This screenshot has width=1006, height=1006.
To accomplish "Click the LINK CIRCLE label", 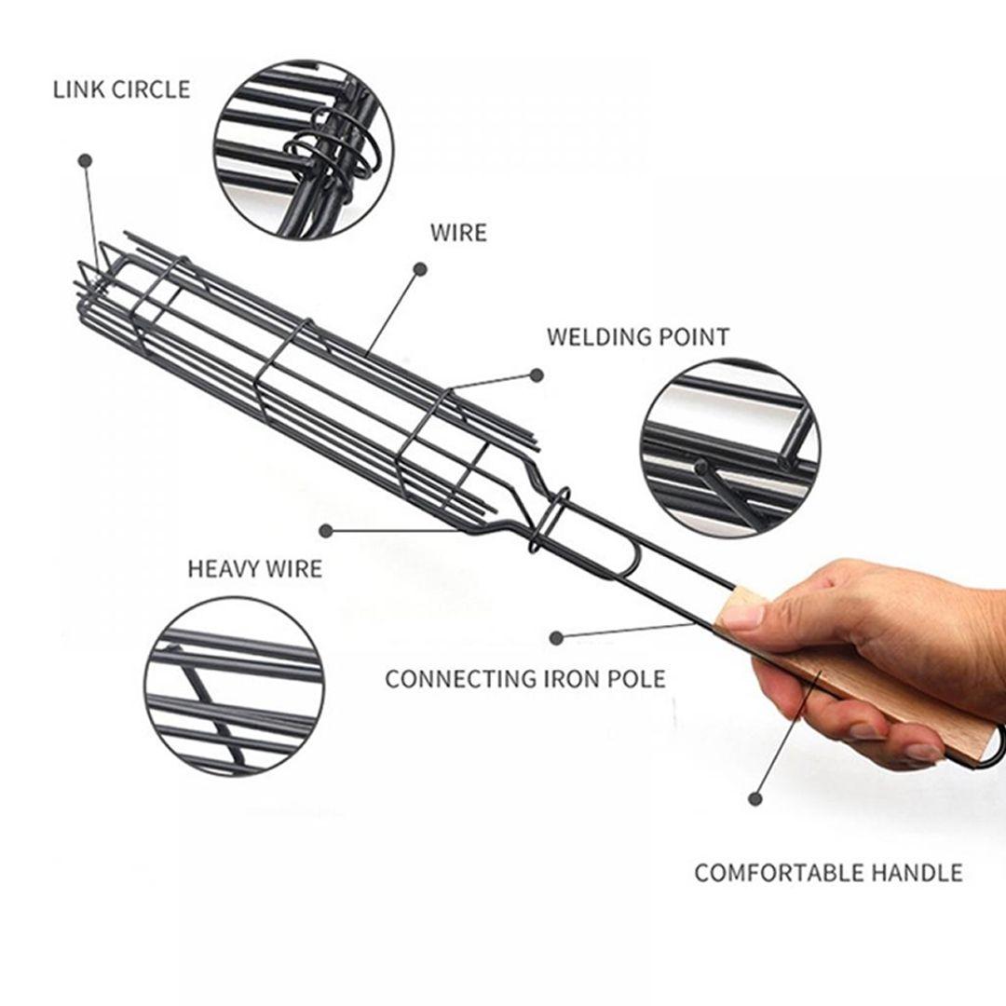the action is tap(121, 89).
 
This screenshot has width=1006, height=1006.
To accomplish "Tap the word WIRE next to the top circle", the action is tap(458, 232).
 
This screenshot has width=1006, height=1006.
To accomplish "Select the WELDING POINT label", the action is tap(638, 337).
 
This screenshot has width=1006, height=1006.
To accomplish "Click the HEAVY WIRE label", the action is tap(254, 569).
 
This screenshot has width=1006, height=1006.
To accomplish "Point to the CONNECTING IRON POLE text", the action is tap(525, 679).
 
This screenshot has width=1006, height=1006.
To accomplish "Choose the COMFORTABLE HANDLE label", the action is tap(828, 873).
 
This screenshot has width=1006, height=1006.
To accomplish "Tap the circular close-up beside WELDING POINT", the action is tap(730, 448).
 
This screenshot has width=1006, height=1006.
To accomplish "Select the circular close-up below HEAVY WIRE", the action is tap(235, 687).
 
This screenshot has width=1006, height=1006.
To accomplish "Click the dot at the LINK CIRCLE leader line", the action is tap(86, 160).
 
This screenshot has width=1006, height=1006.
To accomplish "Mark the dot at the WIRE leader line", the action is tap(420, 269).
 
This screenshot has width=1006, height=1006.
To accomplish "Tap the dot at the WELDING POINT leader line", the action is tap(537, 375).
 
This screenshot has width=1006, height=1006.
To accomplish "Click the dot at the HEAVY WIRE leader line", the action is tap(327, 531).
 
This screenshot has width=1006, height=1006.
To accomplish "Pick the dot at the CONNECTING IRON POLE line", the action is tap(557, 638).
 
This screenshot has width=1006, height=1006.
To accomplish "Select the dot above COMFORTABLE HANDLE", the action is tap(755, 799).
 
